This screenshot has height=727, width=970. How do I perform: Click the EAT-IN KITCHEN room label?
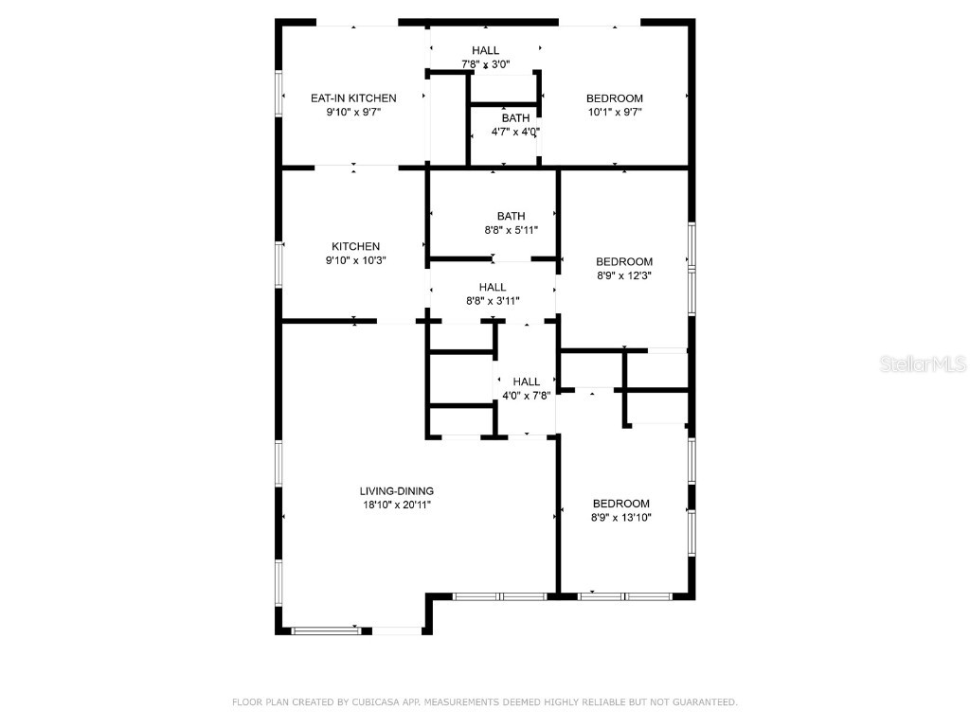[353, 98]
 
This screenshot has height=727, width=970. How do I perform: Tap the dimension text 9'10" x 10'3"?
[355, 260]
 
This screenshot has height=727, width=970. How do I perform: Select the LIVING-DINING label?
[396, 490]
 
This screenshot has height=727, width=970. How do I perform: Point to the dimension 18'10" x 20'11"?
[396, 505]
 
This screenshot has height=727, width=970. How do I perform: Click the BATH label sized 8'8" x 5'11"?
[511, 216]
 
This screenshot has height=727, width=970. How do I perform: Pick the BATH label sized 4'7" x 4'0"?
[515, 117]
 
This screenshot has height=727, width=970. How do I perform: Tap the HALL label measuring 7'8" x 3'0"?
[485, 50]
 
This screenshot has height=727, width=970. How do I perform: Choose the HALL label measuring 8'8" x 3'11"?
[492, 287]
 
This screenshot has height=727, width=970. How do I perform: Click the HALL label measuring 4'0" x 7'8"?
[526, 381]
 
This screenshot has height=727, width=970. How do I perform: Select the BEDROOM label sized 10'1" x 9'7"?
[614, 98]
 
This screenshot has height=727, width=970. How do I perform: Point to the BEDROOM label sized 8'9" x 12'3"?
[623, 261]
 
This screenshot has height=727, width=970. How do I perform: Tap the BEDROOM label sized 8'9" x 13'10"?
[621, 504]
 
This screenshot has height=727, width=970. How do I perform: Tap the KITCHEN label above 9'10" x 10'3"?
[355, 246]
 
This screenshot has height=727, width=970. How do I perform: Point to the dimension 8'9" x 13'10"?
[621, 518]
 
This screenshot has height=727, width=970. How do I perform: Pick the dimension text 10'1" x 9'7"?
[614, 112]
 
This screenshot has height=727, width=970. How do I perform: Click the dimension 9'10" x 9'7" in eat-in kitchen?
[353, 112]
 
